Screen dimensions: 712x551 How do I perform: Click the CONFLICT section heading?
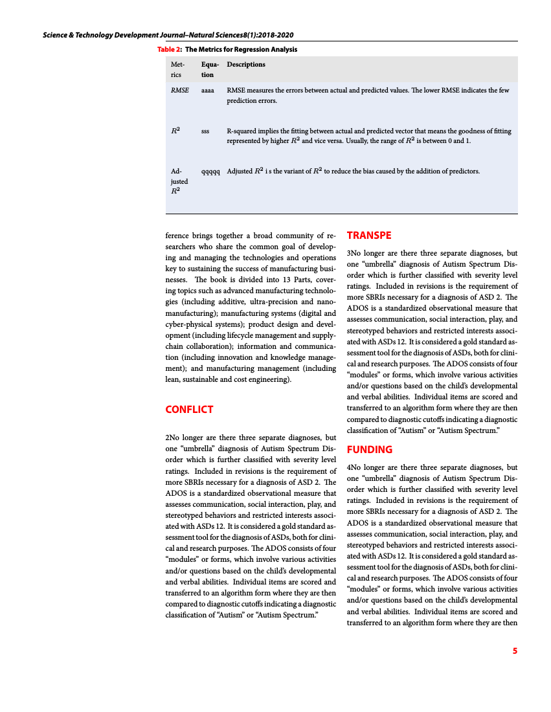point(189,409)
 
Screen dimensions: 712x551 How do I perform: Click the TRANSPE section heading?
point(369,235)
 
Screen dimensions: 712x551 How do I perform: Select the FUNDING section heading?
point(370,449)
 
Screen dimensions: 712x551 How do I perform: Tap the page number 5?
point(515,651)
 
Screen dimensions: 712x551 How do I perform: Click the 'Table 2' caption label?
point(168,49)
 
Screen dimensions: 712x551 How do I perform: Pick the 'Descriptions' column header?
point(246,64)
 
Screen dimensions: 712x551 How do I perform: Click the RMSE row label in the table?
point(179,90)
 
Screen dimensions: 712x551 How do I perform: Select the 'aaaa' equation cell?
point(208,90)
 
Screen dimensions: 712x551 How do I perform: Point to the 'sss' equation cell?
point(205,131)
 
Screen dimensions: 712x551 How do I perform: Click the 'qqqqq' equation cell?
point(210,172)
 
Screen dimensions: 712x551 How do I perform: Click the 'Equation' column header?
point(210,69)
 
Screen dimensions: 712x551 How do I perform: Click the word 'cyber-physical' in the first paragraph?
point(190,324)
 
